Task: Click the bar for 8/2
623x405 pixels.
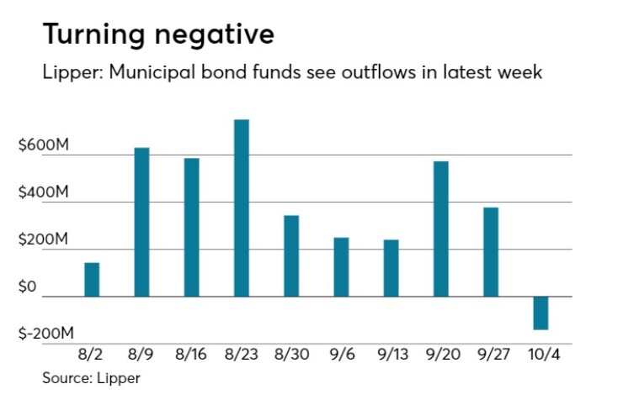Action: point(92,279)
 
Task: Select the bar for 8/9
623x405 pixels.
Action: point(142,222)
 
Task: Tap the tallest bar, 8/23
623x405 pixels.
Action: point(242,208)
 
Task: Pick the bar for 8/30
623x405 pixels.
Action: point(291,255)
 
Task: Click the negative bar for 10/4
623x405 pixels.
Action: point(540,313)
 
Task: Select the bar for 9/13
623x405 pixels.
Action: point(391,268)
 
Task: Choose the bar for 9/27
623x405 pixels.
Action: point(491,251)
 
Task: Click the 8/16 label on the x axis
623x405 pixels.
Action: point(192,355)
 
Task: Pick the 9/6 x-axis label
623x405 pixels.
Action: point(341,355)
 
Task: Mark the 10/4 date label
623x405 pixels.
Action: point(540,355)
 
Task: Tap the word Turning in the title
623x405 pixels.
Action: point(91,34)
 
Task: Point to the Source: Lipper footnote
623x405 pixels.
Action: point(92,378)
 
